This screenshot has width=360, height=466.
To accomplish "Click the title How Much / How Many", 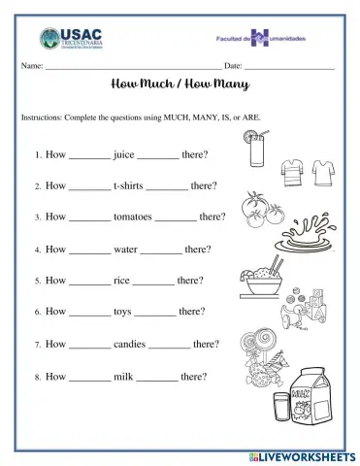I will point(180,84).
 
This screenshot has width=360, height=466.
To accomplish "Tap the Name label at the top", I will point(31,65).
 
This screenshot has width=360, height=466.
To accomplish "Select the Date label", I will point(233,65).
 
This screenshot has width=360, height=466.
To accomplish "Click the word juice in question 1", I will point(124,154).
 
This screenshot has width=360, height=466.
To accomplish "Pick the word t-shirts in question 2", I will point(129,185).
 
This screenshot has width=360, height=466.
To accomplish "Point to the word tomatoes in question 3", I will point(134,217).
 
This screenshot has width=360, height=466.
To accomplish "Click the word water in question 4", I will point(126,250).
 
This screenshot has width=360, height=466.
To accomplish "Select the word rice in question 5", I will point(122,281).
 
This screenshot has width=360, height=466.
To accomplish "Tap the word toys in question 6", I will point(123,312).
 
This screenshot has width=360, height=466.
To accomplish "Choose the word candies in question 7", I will point(130,344).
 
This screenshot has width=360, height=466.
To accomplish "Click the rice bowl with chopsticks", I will point(260,279).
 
